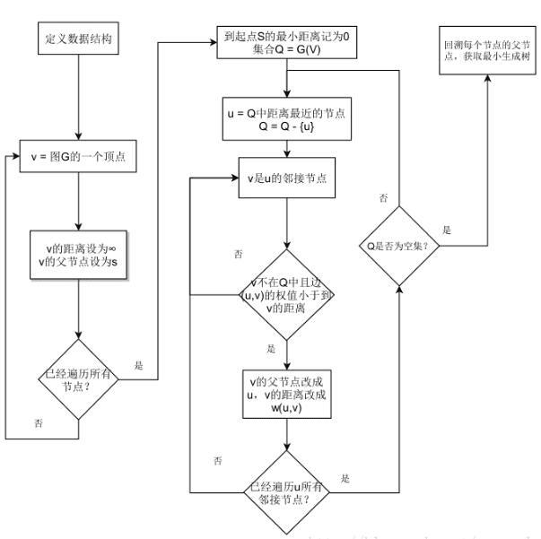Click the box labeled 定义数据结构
pyautogui.click(x=78, y=41)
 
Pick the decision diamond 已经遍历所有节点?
pyautogui.click(x=78, y=378)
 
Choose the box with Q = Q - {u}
pyautogui.click(x=286, y=121)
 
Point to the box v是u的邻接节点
pyautogui.click(x=286, y=177)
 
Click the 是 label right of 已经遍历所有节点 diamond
pyautogui.click(x=138, y=365)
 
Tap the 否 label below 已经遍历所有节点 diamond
pyautogui.click(x=38, y=422)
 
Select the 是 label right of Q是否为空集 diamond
pyautogui.click(x=447, y=230)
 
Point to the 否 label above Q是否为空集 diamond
pyautogui.click(x=383, y=197)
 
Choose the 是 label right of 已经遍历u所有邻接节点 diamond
pyautogui.click(x=345, y=479)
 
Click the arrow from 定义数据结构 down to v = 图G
pyautogui.click(x=78, y=99)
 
